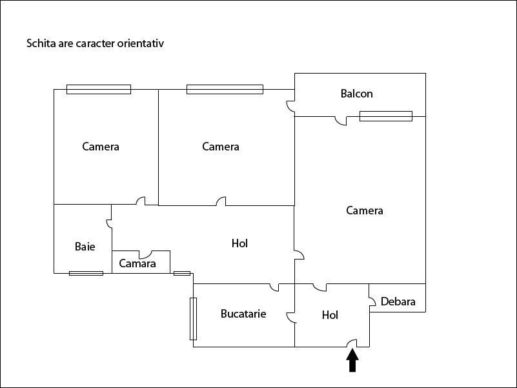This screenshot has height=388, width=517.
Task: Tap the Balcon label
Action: pos(356,94)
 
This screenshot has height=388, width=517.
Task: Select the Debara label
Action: pos(398,301)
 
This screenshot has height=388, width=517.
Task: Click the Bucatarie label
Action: pos(243,314)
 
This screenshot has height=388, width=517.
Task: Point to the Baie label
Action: pos(85,246)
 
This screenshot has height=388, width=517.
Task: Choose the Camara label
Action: pos(137,263)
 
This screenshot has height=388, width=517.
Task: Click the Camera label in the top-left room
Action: pos(101,147)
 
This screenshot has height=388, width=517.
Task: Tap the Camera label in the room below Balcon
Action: pos(365,210)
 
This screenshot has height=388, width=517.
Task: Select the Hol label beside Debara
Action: pos(330,315)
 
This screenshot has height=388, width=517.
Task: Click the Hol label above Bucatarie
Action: pos(239,243)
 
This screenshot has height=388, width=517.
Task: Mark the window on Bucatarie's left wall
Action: pos(193,318)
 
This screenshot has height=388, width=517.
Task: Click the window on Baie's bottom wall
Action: pos(86,273)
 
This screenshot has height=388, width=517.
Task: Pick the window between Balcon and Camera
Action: pos(385,116)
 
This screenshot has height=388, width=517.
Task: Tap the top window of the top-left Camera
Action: pos(99,89)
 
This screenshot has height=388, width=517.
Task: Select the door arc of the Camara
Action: pos(147,254)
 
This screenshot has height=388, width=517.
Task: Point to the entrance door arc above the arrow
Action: pos(352,343)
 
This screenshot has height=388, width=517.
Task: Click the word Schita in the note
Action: pos(39,44)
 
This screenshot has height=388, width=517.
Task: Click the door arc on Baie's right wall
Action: pos(109,224)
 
